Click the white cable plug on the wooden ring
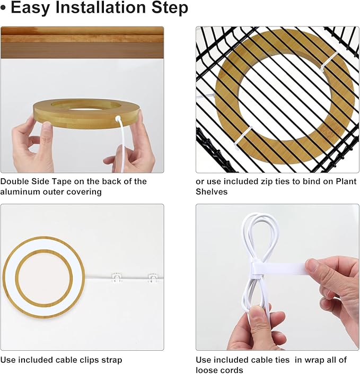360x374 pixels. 118,118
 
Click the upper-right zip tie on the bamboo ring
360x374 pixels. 330,61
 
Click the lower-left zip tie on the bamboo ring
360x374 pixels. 243,138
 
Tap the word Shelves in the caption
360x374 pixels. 212,192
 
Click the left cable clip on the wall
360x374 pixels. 117,277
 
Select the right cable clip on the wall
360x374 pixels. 153,277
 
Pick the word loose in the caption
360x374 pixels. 207,370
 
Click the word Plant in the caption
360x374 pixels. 346,182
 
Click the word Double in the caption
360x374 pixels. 15,182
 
